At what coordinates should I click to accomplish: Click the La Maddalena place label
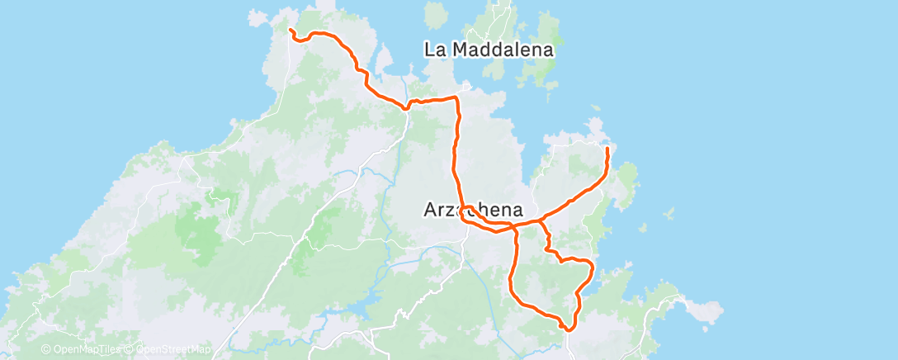coord(489,50)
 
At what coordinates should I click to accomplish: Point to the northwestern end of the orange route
coord(291,31)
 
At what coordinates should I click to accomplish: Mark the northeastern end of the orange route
coord(607,148)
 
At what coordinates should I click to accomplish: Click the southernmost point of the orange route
coord(567,329)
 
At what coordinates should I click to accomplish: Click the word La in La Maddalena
coord(435,50)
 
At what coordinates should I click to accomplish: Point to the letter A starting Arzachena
coord(429,211)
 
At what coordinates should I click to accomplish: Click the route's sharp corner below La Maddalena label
coord(456,98)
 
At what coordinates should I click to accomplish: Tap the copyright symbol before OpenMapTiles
coord(45,349)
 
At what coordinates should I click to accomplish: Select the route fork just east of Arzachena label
coord(541,220)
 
